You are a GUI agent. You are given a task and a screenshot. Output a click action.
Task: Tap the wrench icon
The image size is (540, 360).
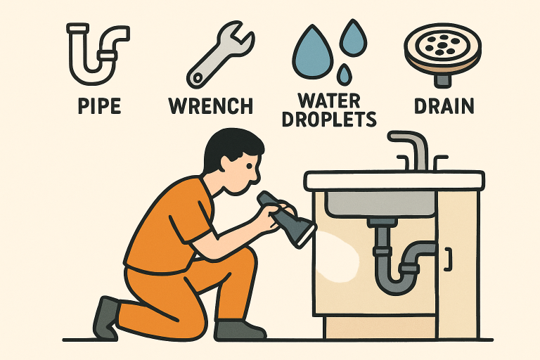coord(219,56)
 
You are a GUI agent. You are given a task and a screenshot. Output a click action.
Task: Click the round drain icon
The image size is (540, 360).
coord(442,52)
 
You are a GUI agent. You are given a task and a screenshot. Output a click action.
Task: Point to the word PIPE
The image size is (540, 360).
coord(96,106)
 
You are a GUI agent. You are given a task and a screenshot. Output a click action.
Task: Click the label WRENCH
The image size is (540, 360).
coord(210,106)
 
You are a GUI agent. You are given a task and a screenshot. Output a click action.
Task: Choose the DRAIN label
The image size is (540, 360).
coord(443,106)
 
